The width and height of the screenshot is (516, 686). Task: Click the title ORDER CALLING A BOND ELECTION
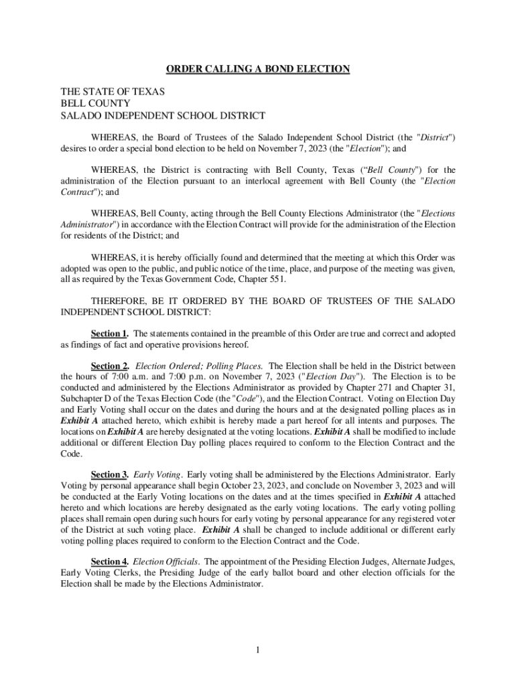[x=258, y=69]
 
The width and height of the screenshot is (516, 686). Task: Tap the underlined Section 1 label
[x=109, y=334]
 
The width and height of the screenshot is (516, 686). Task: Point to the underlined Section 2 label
[x=109, y=366]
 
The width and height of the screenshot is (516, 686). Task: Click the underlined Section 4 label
[x=109, y=561]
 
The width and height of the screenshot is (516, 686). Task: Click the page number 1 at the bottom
[x=258, y=650]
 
